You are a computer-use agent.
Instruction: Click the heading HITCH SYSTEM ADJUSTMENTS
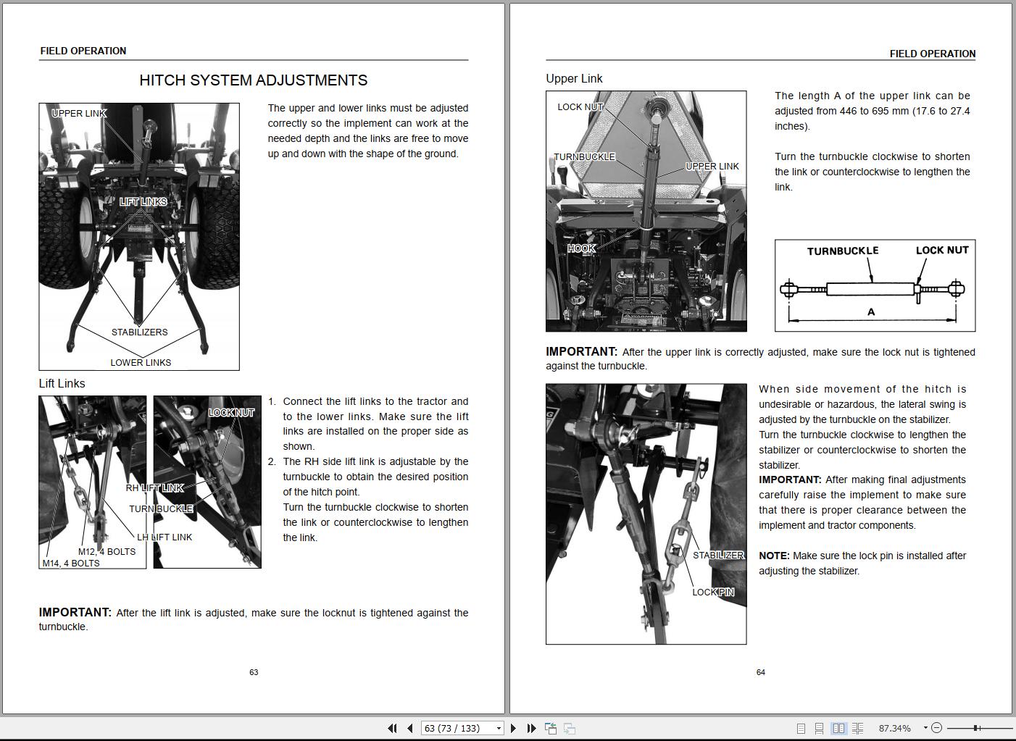253,80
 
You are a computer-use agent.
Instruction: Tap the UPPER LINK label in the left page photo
79,114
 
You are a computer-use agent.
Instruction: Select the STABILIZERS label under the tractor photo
139,332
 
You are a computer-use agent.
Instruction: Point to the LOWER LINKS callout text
141,363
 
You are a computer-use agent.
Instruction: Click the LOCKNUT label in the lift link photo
231,413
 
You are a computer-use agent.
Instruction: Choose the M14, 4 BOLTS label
71,564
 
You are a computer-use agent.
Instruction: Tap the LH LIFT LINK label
165,537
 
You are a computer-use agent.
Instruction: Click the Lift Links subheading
62,384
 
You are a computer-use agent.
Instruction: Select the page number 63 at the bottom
254,672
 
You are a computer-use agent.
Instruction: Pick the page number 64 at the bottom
760,672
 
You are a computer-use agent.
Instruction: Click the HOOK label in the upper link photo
581,248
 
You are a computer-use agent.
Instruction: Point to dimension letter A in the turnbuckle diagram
871,312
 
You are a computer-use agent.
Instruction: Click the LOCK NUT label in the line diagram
941,251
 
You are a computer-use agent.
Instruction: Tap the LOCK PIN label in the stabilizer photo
713,593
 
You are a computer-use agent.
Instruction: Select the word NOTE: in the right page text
774,556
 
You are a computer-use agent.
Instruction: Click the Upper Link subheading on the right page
574,79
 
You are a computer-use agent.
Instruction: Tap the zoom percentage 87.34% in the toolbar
894,728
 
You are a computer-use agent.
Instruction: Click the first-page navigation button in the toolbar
392,728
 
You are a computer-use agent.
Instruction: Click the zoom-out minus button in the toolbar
936,728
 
